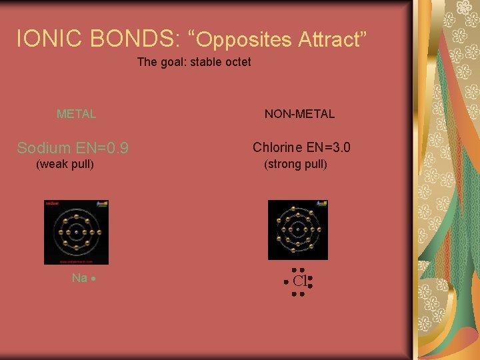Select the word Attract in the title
tap(331, 39)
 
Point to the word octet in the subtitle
tap(237, 62)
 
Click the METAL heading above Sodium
tap(76, 114)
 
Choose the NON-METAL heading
tap(299, 114)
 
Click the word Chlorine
tap(277, 147)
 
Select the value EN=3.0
tap(329, 147)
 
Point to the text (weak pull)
tap(65, 164)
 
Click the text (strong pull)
tap(295, 164)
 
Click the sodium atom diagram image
tap(76, 232)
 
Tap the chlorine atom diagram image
tap(297, 230)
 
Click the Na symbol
tap(79, 278)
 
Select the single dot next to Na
tap(95, 279)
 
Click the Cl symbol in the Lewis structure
tap(299, 281)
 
